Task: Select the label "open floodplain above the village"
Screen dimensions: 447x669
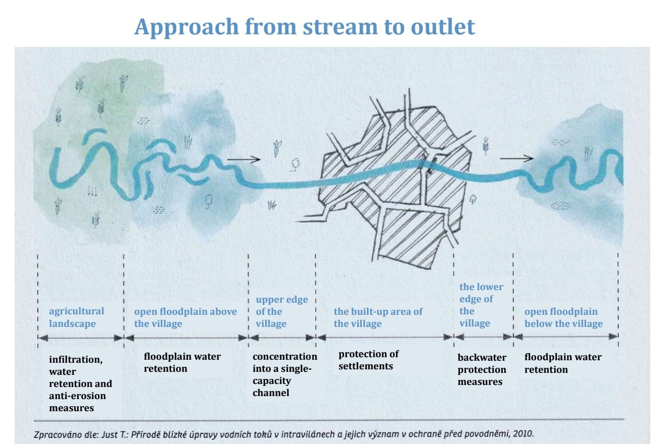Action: [185, 318]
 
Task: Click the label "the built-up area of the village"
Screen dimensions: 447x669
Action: [377, 317]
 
